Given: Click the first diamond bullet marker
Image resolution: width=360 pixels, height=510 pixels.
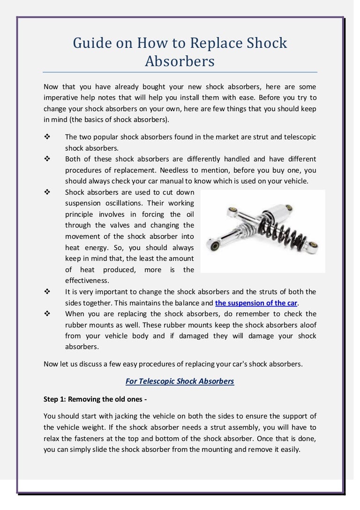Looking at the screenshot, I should coord(46,137).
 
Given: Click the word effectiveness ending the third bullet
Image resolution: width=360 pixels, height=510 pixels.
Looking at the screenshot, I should coord(86,280).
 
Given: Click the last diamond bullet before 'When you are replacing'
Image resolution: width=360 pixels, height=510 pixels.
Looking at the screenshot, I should coord(46,313).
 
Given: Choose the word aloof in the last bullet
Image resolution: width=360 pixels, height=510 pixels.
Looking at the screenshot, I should coord(306,325).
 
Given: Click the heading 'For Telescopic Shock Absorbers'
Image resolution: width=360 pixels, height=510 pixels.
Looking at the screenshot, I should coord(180,381).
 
